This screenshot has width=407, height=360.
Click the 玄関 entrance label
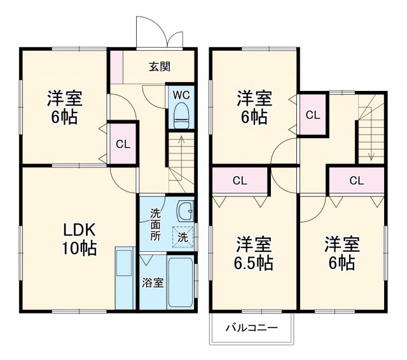pos(159,67)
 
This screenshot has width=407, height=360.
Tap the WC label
pos(181,95)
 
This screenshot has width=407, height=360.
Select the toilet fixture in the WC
pos(181,116)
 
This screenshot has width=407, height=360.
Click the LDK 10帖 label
pos(79,239)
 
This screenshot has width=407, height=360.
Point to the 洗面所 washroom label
pos(156,224)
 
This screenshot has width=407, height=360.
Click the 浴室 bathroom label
pos(153,282)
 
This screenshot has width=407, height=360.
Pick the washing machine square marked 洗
pos(183,235)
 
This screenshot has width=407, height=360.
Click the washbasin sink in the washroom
pos(184,210)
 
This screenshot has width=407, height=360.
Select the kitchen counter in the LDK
pos(125,278)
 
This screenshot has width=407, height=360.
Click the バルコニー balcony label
pos(251,328)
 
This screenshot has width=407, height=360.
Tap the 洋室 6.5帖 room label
pos(254,253)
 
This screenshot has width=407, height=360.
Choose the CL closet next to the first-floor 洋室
pos(123,144)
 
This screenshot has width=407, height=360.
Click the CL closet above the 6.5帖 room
pos(239,181)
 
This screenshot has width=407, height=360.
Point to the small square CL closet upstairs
pos(312,115)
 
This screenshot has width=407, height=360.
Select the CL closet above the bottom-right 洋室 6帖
pos(356,181)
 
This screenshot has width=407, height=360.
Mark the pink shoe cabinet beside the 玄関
pos(116,67)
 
